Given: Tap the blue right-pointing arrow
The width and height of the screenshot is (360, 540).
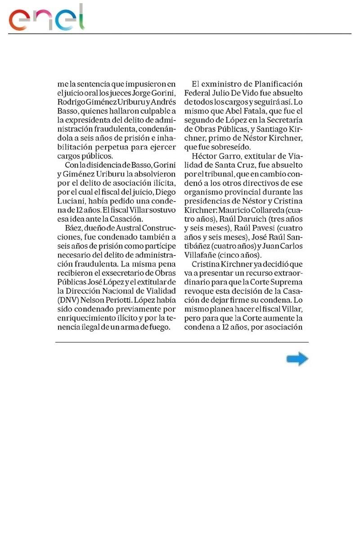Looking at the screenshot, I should [297, 359].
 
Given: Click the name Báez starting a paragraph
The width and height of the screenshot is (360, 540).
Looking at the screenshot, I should [74, 229].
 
